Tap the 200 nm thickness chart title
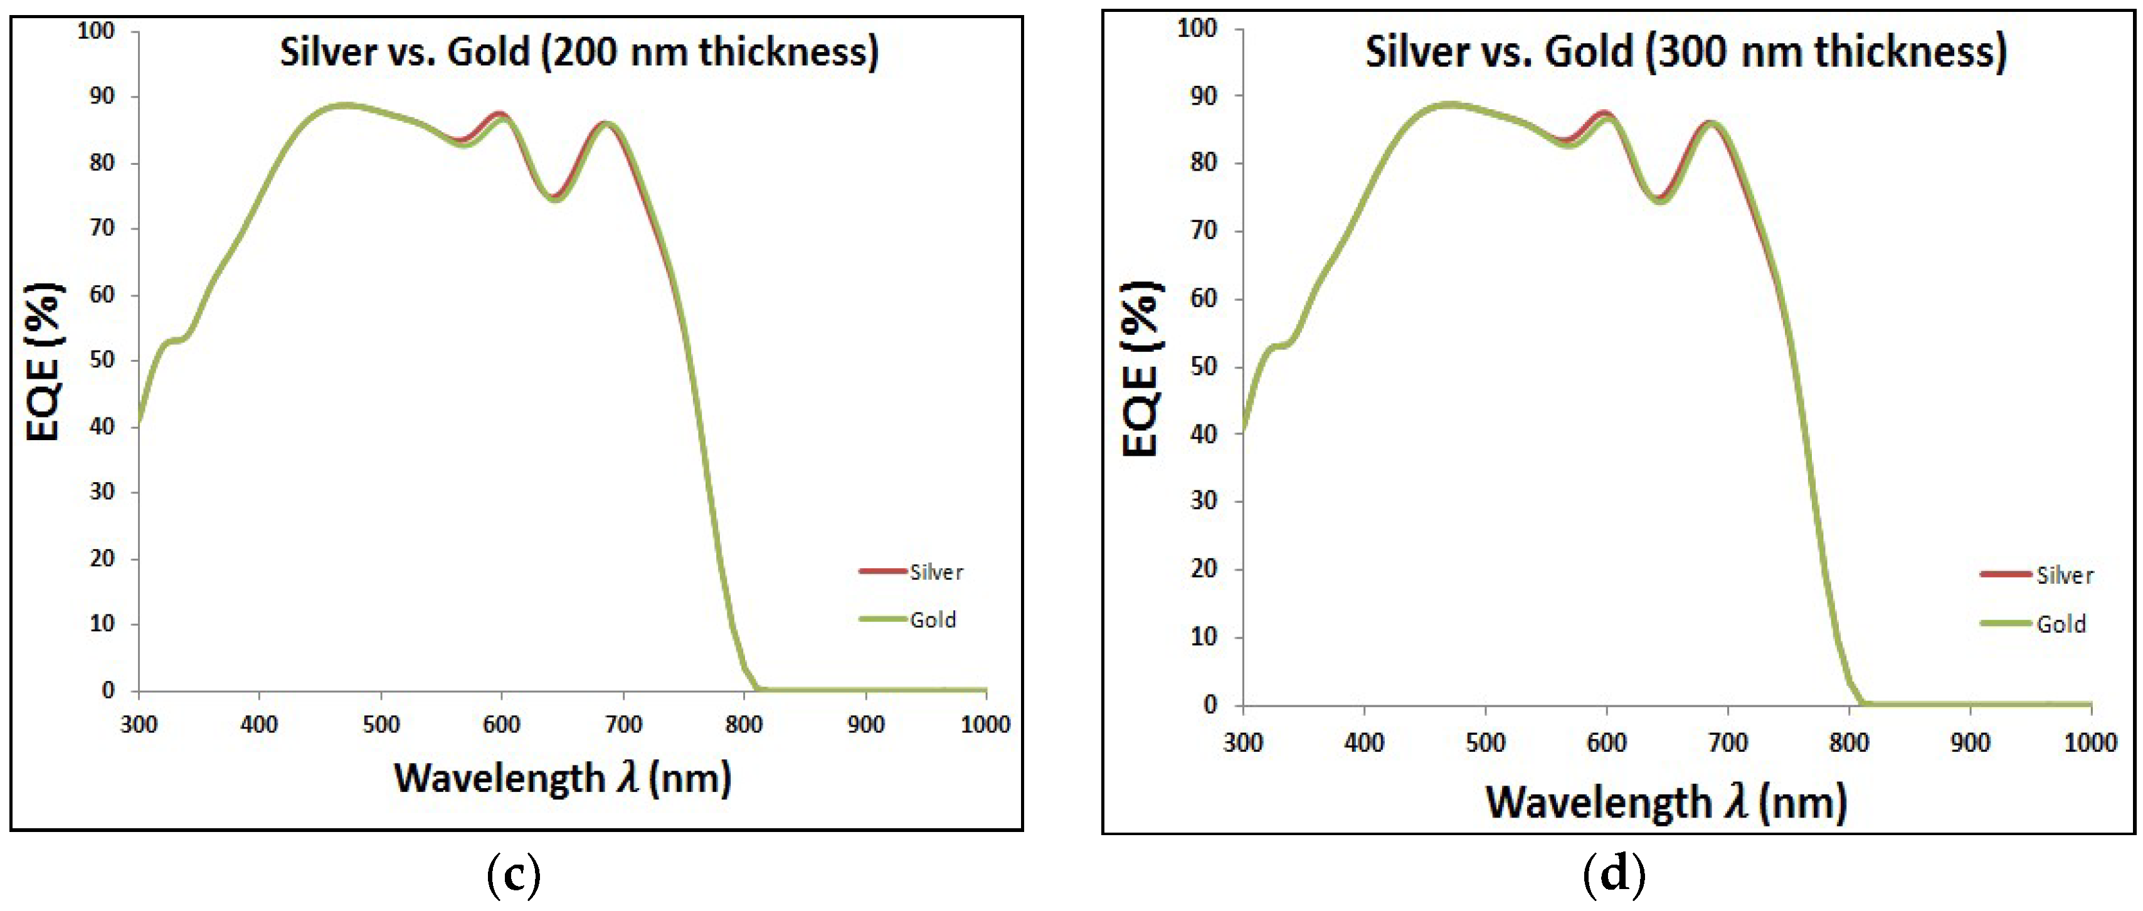click(x=579, y=51)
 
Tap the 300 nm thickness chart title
click(x=1685, y=51)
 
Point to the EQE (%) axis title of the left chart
click(x=43, y=361)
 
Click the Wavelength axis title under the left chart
click(x=563, y=779)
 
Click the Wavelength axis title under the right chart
click(x=1666, y=803)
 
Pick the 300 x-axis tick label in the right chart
click(x=1243, y=742)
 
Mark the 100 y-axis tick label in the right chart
click(x=1197, y=28)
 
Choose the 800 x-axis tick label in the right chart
click(x=1848, y=742)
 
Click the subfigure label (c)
click(x=513, y=875)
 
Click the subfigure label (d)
click(x=1614, y=875)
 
